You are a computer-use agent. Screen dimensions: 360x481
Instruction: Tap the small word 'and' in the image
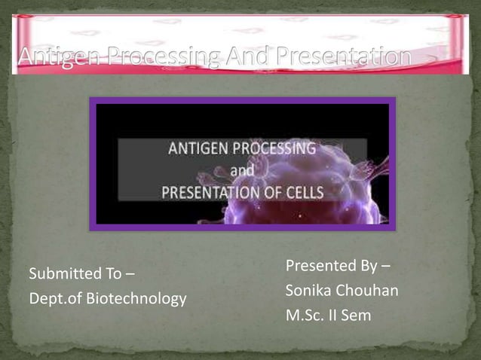[x=243, y=171]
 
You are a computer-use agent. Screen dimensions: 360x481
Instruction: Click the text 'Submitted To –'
[x=76, y=273]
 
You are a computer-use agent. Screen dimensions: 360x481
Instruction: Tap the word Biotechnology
[x=136, y=299]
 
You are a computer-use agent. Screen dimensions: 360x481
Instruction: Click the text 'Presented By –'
[x=338, y=266]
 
